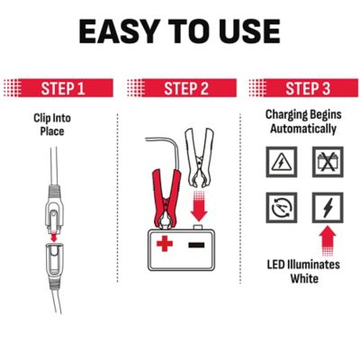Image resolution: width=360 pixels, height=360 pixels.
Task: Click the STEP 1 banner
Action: pyautogui.click(x=58, y=88)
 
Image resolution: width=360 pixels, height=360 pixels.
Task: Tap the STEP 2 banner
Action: pyautogui.click(x=182, y=88)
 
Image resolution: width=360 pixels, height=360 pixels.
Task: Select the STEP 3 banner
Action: pyautogui.click(x=303, y=88)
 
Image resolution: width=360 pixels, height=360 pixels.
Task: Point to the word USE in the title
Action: pyautogui.click(x=249, y=31)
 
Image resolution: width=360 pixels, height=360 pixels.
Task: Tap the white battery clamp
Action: pyautogui.click(x=200, y=158)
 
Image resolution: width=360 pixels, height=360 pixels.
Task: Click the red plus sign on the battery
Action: pyautogui.click(x=165, y=243)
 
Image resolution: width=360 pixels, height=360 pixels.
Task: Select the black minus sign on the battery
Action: pyautogui.click(x=196, y=245)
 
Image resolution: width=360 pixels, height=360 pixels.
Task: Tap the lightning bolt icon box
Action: pyautogui.click(x=328, y=208)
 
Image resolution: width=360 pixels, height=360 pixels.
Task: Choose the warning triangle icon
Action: pyautogui.click(x=282, y=162)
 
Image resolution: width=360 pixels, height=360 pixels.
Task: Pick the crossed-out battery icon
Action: pyautogui.click(x=328, y=162)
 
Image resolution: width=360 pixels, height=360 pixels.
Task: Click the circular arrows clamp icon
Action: pyautogui.click(x=282, y=208)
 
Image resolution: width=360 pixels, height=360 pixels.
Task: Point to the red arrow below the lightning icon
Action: pyautogui.click(x=328, y=241)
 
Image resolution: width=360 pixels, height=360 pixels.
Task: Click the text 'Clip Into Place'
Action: pyautogui.click(x=52, y=124)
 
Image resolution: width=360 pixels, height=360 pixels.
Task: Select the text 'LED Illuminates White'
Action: pyautogui.click(x=303, y=272)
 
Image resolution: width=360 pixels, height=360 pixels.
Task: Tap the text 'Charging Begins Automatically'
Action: pyautogui.click(x=303, y=121)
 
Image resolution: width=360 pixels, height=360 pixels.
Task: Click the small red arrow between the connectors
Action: pyautogui.click(x=54, y=236)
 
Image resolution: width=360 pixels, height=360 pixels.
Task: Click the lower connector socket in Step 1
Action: pyautogui.click(x=54, y=259)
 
